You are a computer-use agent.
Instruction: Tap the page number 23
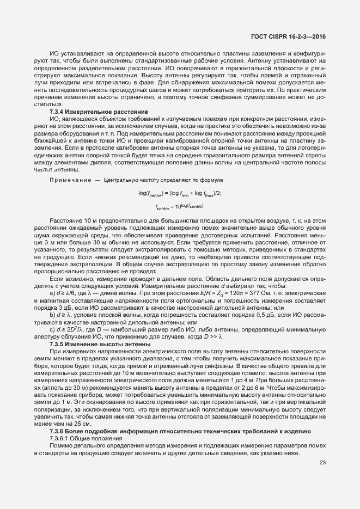click(323, 463)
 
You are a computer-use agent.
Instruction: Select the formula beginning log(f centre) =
click(180, 194)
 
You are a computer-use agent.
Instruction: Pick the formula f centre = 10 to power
click(180, 207)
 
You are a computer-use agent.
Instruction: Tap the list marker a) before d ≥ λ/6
click(52, 293)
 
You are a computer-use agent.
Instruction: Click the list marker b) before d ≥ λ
click(52, 315)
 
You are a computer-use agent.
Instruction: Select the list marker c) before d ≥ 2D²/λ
click(52, 329)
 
